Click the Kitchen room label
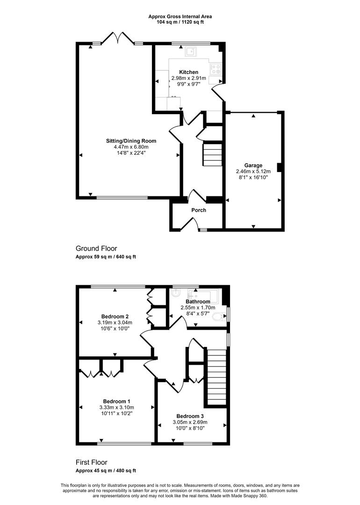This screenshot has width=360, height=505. (182, 72)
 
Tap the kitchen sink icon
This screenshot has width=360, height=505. (191, 51)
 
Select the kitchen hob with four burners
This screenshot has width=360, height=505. (216, 69)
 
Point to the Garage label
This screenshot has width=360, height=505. (253, 165)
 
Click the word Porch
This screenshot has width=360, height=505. (199, 210)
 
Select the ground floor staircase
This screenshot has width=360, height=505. (211, 155)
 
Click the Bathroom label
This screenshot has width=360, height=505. (197, 302)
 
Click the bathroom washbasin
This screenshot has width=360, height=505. (175, 293)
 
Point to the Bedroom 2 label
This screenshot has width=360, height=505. (115, 316)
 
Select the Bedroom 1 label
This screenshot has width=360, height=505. (116, 401)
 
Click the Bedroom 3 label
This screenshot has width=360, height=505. (190, 416)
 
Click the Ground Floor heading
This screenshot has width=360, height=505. (96, 248)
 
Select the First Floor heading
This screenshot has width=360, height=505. (94, 462)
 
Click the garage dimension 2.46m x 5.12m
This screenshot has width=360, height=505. (253, 171)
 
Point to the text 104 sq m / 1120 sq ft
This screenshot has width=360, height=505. (180, 22)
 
